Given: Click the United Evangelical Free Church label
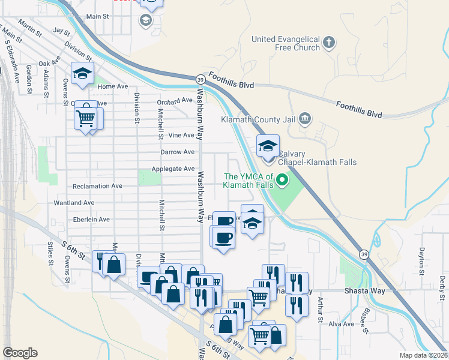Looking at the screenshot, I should click(x=285, y=44).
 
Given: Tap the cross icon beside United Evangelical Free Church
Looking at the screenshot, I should click(x=328, y=43).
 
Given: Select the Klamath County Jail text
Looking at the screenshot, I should click(x=259, y=120).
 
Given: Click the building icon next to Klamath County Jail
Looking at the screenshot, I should click(x=304, y=119).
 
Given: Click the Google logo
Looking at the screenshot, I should click(x=20, y=353).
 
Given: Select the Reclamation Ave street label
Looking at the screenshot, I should click(x=97, y=186).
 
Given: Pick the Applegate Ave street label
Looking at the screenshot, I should click(x=173, y=169).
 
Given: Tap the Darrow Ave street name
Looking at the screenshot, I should click(x=177, y=152).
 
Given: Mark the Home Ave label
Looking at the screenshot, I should click(x=113, y=86).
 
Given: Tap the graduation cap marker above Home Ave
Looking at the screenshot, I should click(x=82, y=74).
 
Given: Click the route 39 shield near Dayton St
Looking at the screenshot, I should click(x=364, y=255).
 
